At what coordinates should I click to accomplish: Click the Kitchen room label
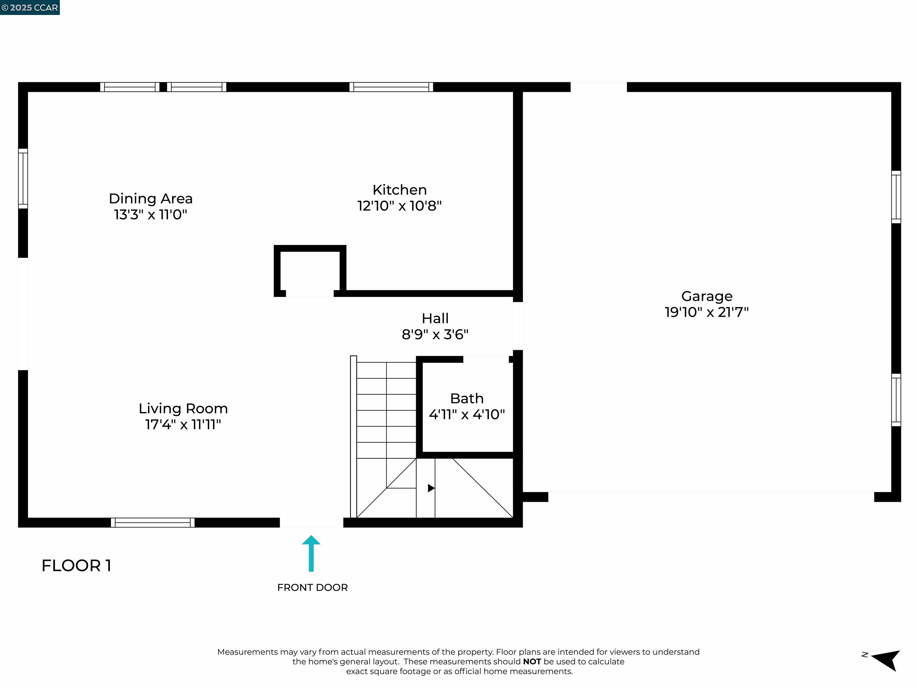tap(399, 190)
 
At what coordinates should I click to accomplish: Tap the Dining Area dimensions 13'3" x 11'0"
tap(150, 215)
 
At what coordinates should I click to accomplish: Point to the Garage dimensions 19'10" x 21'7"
tap(706, 312)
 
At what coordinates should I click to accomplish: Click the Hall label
tap(435, 318)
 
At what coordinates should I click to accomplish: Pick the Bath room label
tap(467, 398)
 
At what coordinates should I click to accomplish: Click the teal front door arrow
tap(311, 553)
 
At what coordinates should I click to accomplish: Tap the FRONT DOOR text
tap(312, 587)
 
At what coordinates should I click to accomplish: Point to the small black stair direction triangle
tap(431, 488)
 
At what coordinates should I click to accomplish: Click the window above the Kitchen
tap(391, 87)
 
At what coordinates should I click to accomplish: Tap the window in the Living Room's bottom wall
tap(153, 522)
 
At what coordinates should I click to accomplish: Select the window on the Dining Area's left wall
tap(23, 179)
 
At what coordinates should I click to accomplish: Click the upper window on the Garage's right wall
tap(896, 197)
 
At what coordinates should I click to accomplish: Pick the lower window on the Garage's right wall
tap(896, 400)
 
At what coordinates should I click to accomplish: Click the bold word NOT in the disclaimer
tap(532, 661)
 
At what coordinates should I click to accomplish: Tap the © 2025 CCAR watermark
tap(30, 7)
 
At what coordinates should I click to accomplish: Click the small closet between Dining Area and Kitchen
tap(310, 270)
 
